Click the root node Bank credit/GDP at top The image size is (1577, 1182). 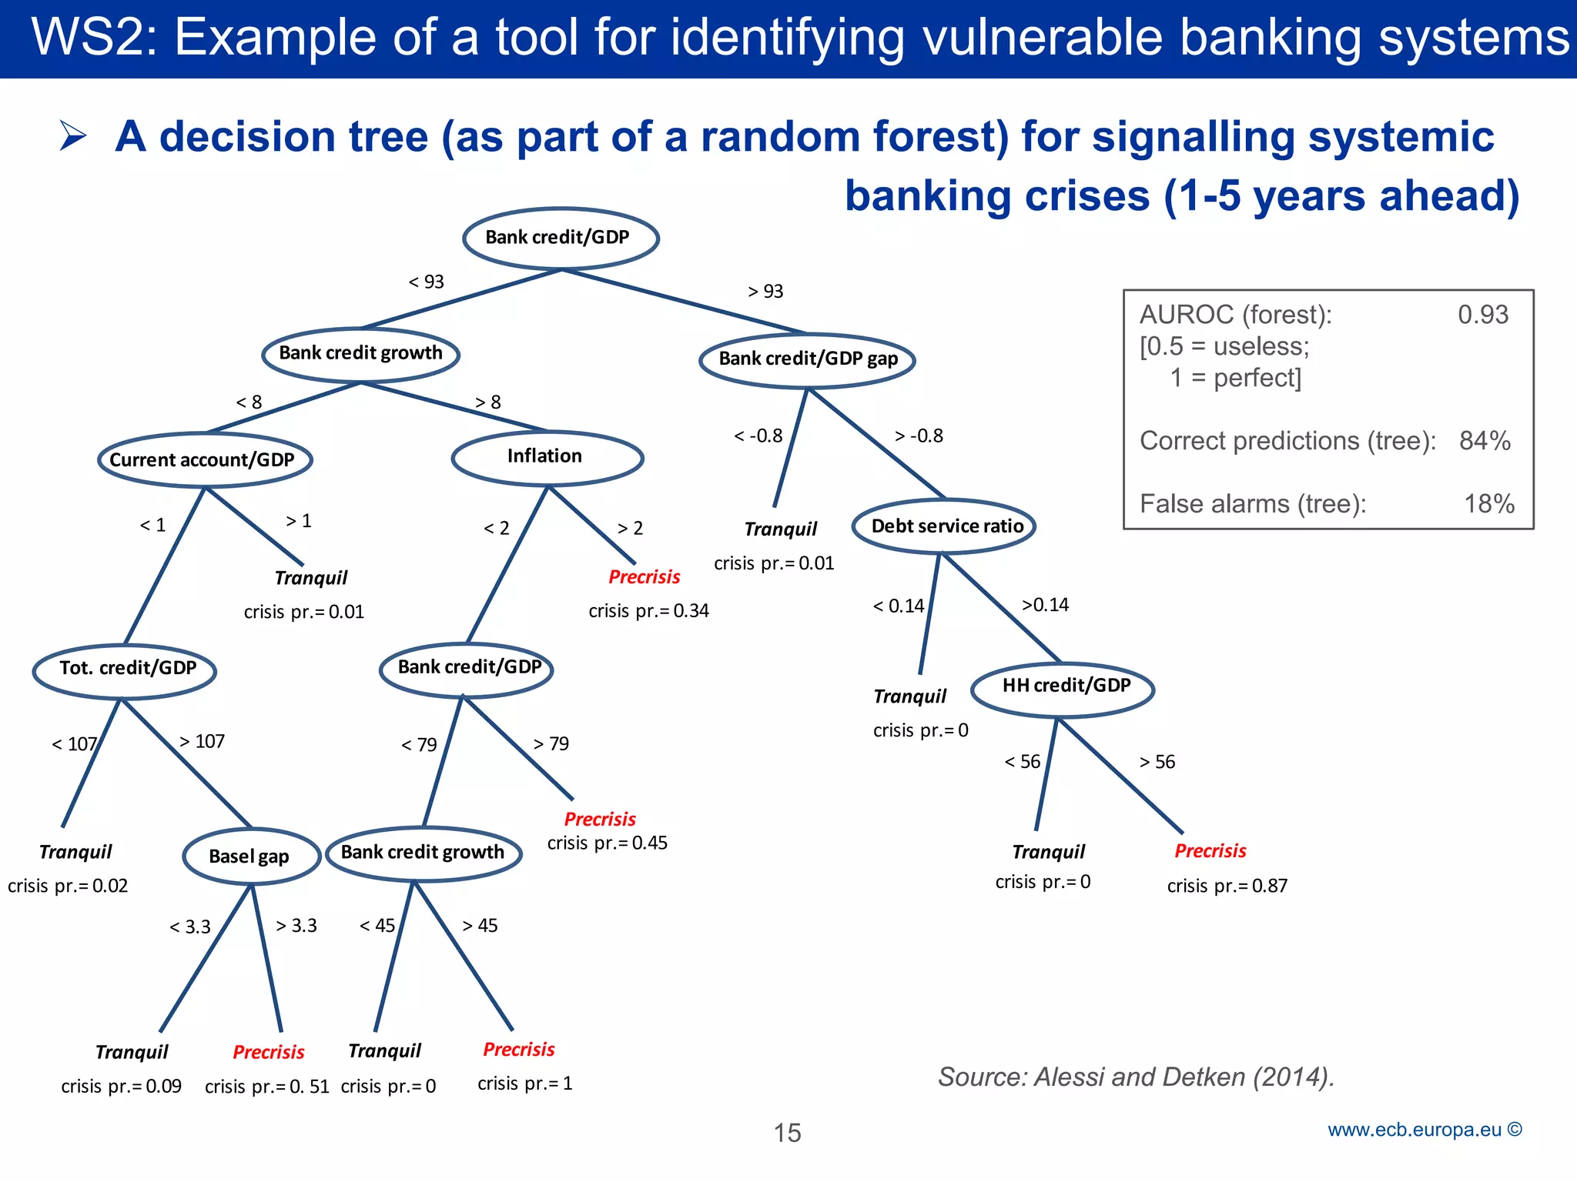coord(560,238)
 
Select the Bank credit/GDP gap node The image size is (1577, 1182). coord(807,359)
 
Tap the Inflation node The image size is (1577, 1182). coord(546,457)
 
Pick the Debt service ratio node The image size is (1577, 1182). coord(946,526)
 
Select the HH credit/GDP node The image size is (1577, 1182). coord(1064,686)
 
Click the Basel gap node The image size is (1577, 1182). coord(250,856)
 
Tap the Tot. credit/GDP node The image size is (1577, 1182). coord(126,669)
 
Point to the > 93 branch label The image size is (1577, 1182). coord(765,292)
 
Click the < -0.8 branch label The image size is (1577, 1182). coord(758,436)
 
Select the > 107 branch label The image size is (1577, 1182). coord(202,742)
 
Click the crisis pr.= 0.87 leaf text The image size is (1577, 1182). coord(1227,886)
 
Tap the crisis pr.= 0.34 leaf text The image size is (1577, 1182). coord(648,611)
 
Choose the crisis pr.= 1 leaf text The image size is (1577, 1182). coord(525,1083)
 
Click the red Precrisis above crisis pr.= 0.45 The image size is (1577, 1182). coord(600,820)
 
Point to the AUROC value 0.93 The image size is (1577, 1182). coord(1482,315)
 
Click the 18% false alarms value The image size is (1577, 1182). coord(1488,504)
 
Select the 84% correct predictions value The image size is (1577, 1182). coord(1485,441)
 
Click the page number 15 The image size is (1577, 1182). coord(787,1133)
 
